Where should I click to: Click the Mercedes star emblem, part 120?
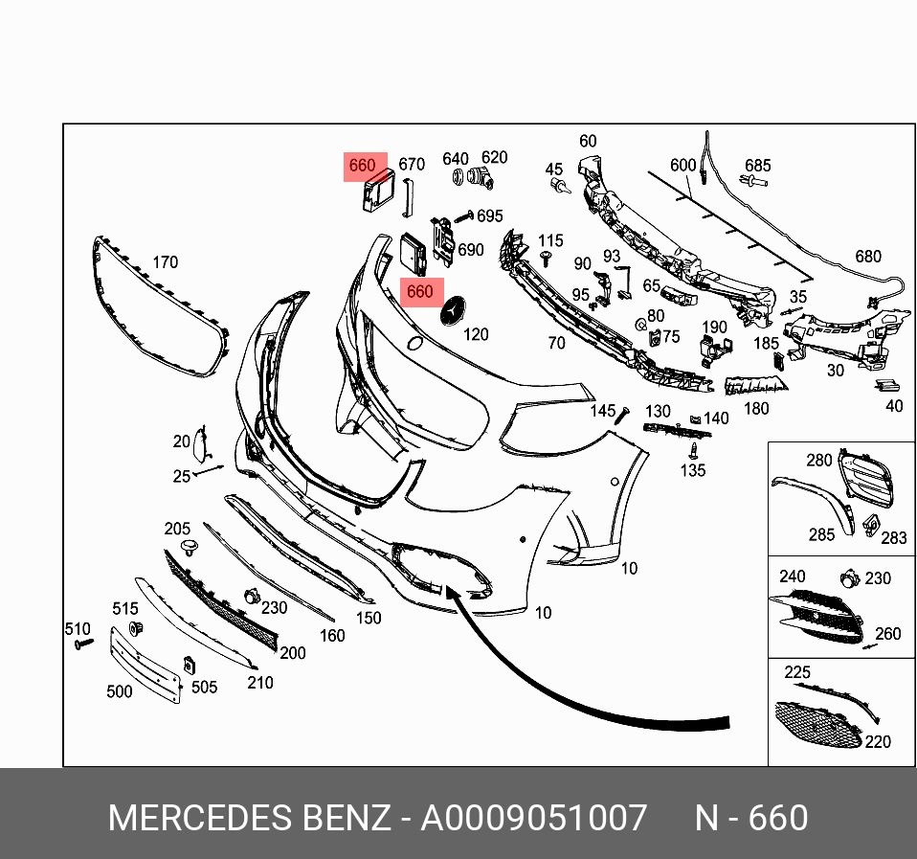(x=452, y=311)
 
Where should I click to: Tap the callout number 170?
(x=165, y=262)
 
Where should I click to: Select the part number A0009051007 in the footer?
(x=535, y=819)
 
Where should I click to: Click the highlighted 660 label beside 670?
(x=362, y=167)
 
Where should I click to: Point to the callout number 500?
(x=119, y=691)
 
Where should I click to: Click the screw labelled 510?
(x=79, y=646)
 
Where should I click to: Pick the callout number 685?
(x=757, y=166)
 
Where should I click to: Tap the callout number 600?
(x=682, y=166)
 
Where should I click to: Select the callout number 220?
(x=877, y=741)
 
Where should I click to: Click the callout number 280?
(x=818, y=461)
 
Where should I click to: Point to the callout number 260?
(x=887, y=634)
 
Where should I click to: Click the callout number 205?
(x=177, y=529)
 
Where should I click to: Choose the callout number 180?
(x=756, y=409)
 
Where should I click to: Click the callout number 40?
(x=893, y=406)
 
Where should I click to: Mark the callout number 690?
(x=470, y=250)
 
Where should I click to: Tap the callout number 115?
(x=550, y=240)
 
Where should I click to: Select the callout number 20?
(x=182, y=441)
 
